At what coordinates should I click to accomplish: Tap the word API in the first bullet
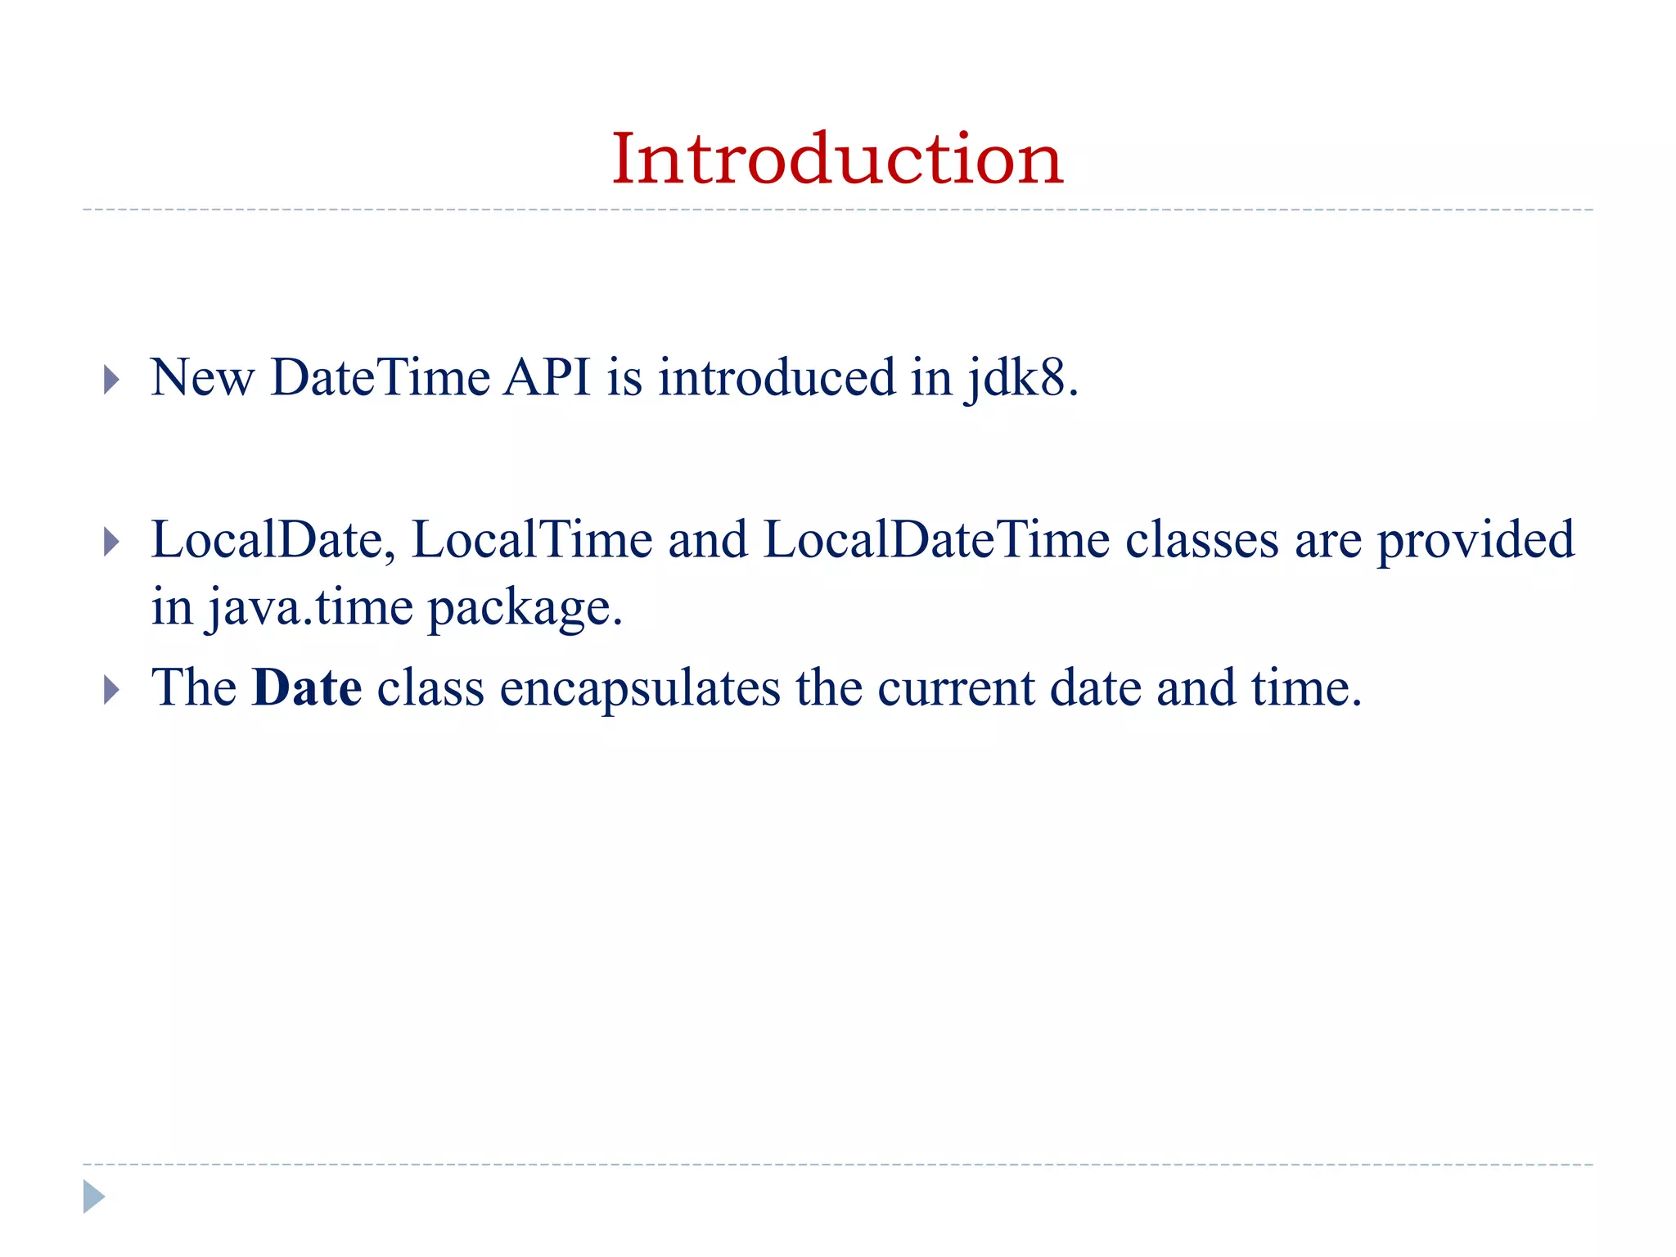(x=547, y=378)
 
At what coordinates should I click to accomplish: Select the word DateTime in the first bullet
(x=381, y=378)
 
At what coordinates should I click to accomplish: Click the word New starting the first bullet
(x=202, y=378)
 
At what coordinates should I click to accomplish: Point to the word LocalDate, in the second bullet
(x=273, y=540)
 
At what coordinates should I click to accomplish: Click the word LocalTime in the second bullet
(x=532, y=540)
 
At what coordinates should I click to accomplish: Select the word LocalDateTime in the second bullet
(x=936, y=540)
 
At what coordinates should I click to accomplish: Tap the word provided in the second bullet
(x=1476, y=540)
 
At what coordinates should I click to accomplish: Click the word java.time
(x=309, y=608)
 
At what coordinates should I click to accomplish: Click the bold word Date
(x=307, y=687)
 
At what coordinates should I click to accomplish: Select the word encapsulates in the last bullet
(x=640, y=689)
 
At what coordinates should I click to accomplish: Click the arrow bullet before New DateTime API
(x=112, y=380)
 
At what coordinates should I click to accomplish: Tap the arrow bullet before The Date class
(x=112, y=690)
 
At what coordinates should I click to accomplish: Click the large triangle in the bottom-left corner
(x=93, y=1196)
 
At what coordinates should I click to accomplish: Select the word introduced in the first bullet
(x=777, y=378)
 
